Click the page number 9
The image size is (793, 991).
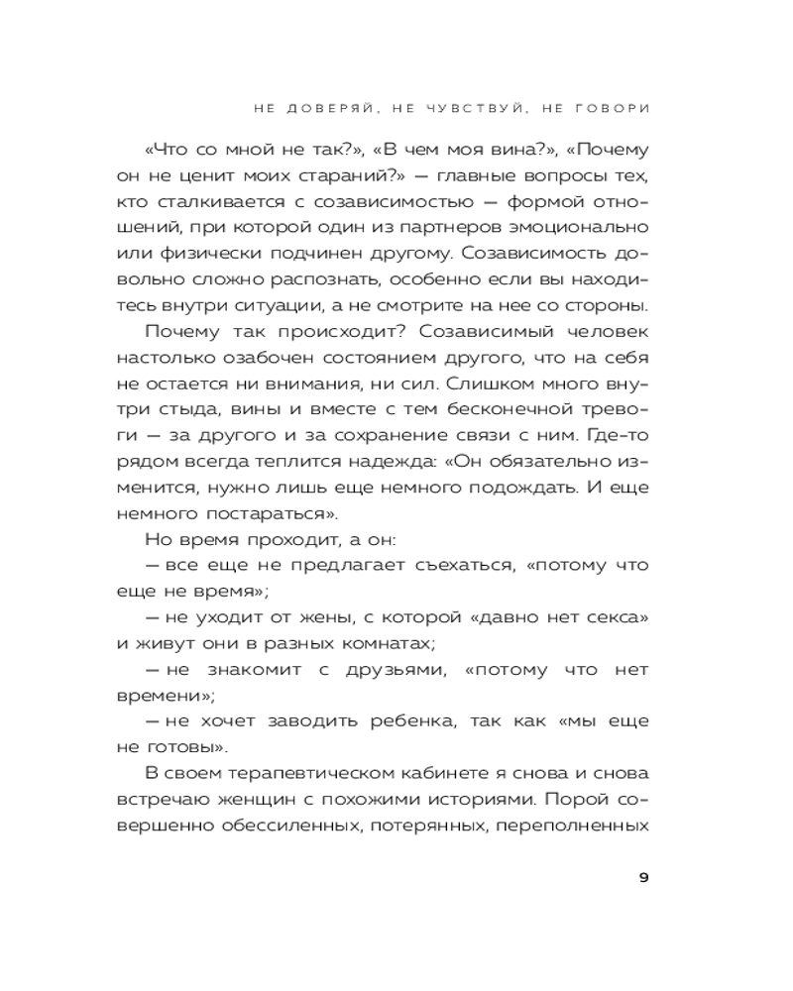tap(643, 877)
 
